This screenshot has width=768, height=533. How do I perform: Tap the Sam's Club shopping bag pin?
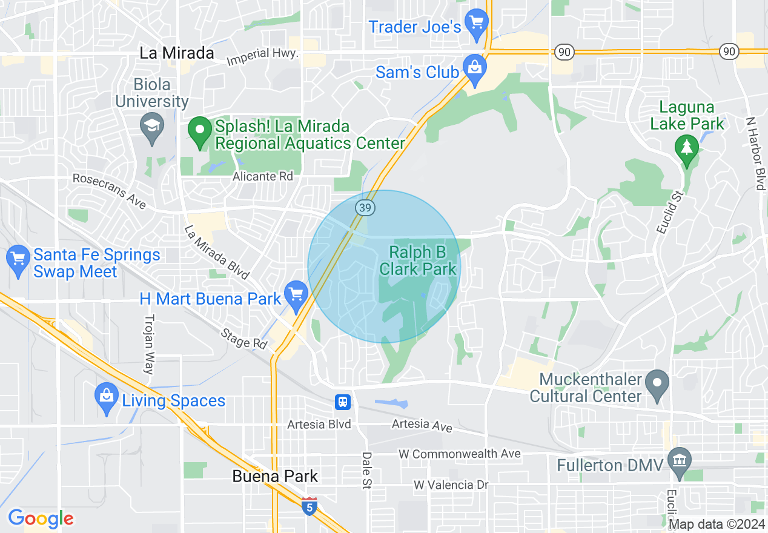(x=475, y=68)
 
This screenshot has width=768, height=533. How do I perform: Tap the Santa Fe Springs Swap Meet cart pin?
(x=18, y=259)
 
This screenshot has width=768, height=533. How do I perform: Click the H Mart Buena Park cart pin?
(x=296, y=295)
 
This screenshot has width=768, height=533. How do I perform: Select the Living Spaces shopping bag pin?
(x=107, y=397)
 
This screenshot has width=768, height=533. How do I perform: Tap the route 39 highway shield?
(x=365, y=208)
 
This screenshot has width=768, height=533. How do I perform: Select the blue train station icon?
(x=343, y=402)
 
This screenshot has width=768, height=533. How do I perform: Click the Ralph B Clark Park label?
(x=419, y=260)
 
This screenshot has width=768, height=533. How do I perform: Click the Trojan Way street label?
(x=150, y=344)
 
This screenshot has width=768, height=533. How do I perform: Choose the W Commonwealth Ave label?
(x=460, y=454)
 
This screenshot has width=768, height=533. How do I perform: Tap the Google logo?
(x=41, y=518)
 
